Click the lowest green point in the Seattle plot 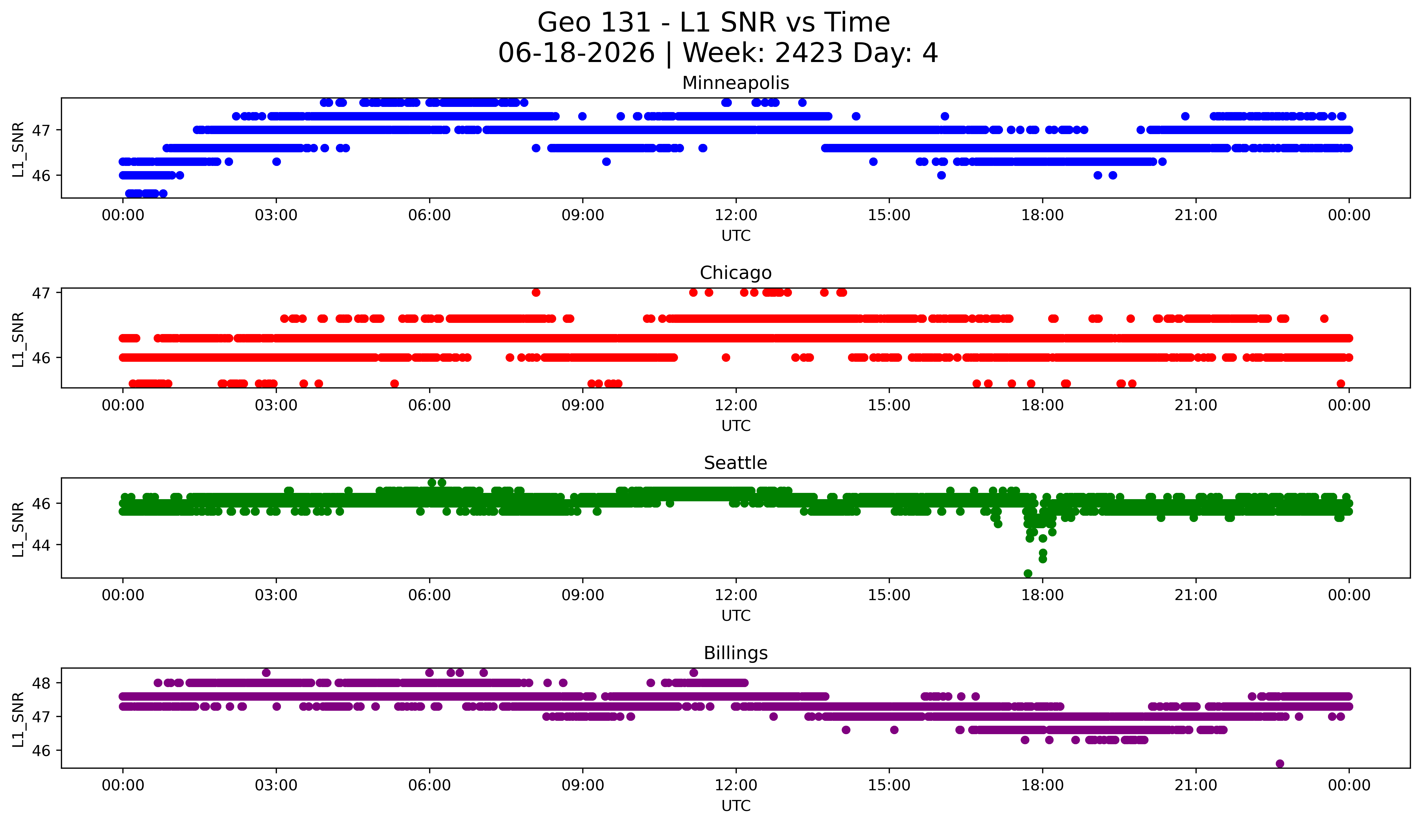click(1028, 573)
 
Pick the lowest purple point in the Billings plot click(1280, 764)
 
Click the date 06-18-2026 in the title click(576, 53)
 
